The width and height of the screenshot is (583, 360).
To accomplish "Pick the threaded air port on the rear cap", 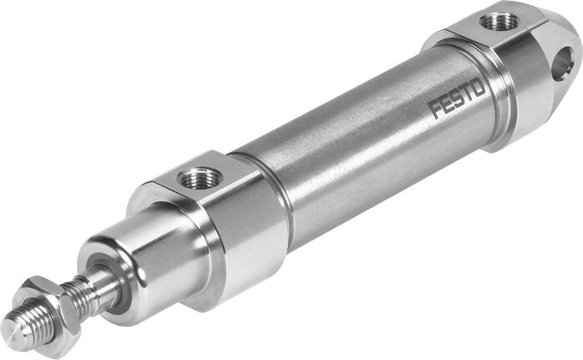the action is pyautogui.click(x=499, y=20).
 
